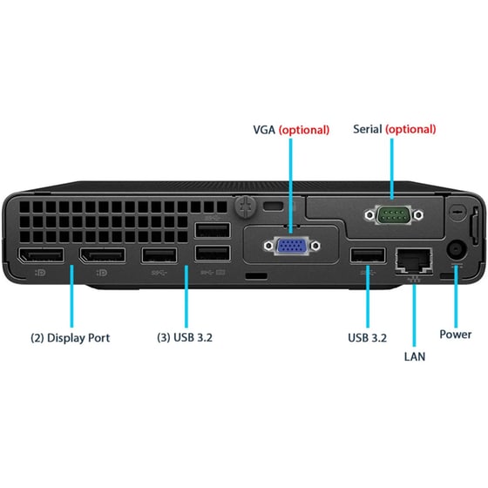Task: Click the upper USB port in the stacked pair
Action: [x=213, y=231]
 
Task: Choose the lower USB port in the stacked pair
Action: [x=213, y=254]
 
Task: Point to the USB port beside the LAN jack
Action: [x=368, y=255]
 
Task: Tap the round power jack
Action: [x=455, y=252]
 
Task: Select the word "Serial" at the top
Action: [x=368, y=129]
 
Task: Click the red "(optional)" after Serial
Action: [x=410, y=129]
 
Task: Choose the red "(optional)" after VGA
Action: [x=305, y=130]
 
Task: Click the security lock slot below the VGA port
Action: [x=255, y=276]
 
